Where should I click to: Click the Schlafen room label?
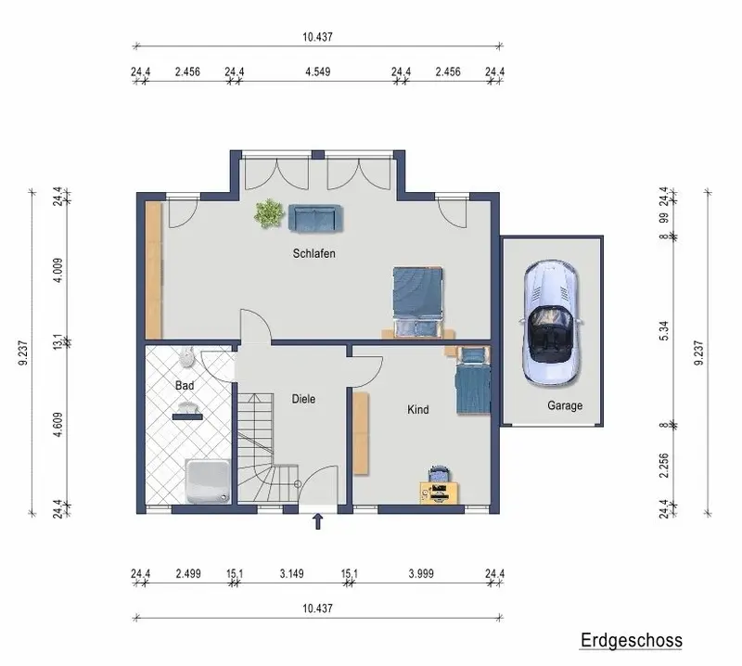[x=313, y=254]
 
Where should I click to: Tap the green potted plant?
[x=269, y=213]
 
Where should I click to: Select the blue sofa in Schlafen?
[x=315, y=218]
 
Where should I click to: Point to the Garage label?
[x=565, y=405]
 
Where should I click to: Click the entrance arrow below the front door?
[x=318, y=521]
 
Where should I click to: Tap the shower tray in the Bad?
[x=208, y=480]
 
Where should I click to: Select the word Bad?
[x=185, y=385]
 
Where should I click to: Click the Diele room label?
[x=303, y=399]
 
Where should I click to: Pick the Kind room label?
[x=418, y=409]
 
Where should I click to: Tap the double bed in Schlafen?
[x=418, y=302]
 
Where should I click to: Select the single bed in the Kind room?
[x=473, y=380]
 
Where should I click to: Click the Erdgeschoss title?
[x=632, y=640]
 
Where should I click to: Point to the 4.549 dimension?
[x=317, y=72]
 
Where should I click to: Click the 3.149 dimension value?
[x=291, y=573]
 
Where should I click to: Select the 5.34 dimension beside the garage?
[x=664, y=330]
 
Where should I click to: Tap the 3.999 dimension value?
[x=421, y=573]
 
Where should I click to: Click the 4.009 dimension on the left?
[x=58, y=270]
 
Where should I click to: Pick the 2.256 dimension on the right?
[x=664, y=466]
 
